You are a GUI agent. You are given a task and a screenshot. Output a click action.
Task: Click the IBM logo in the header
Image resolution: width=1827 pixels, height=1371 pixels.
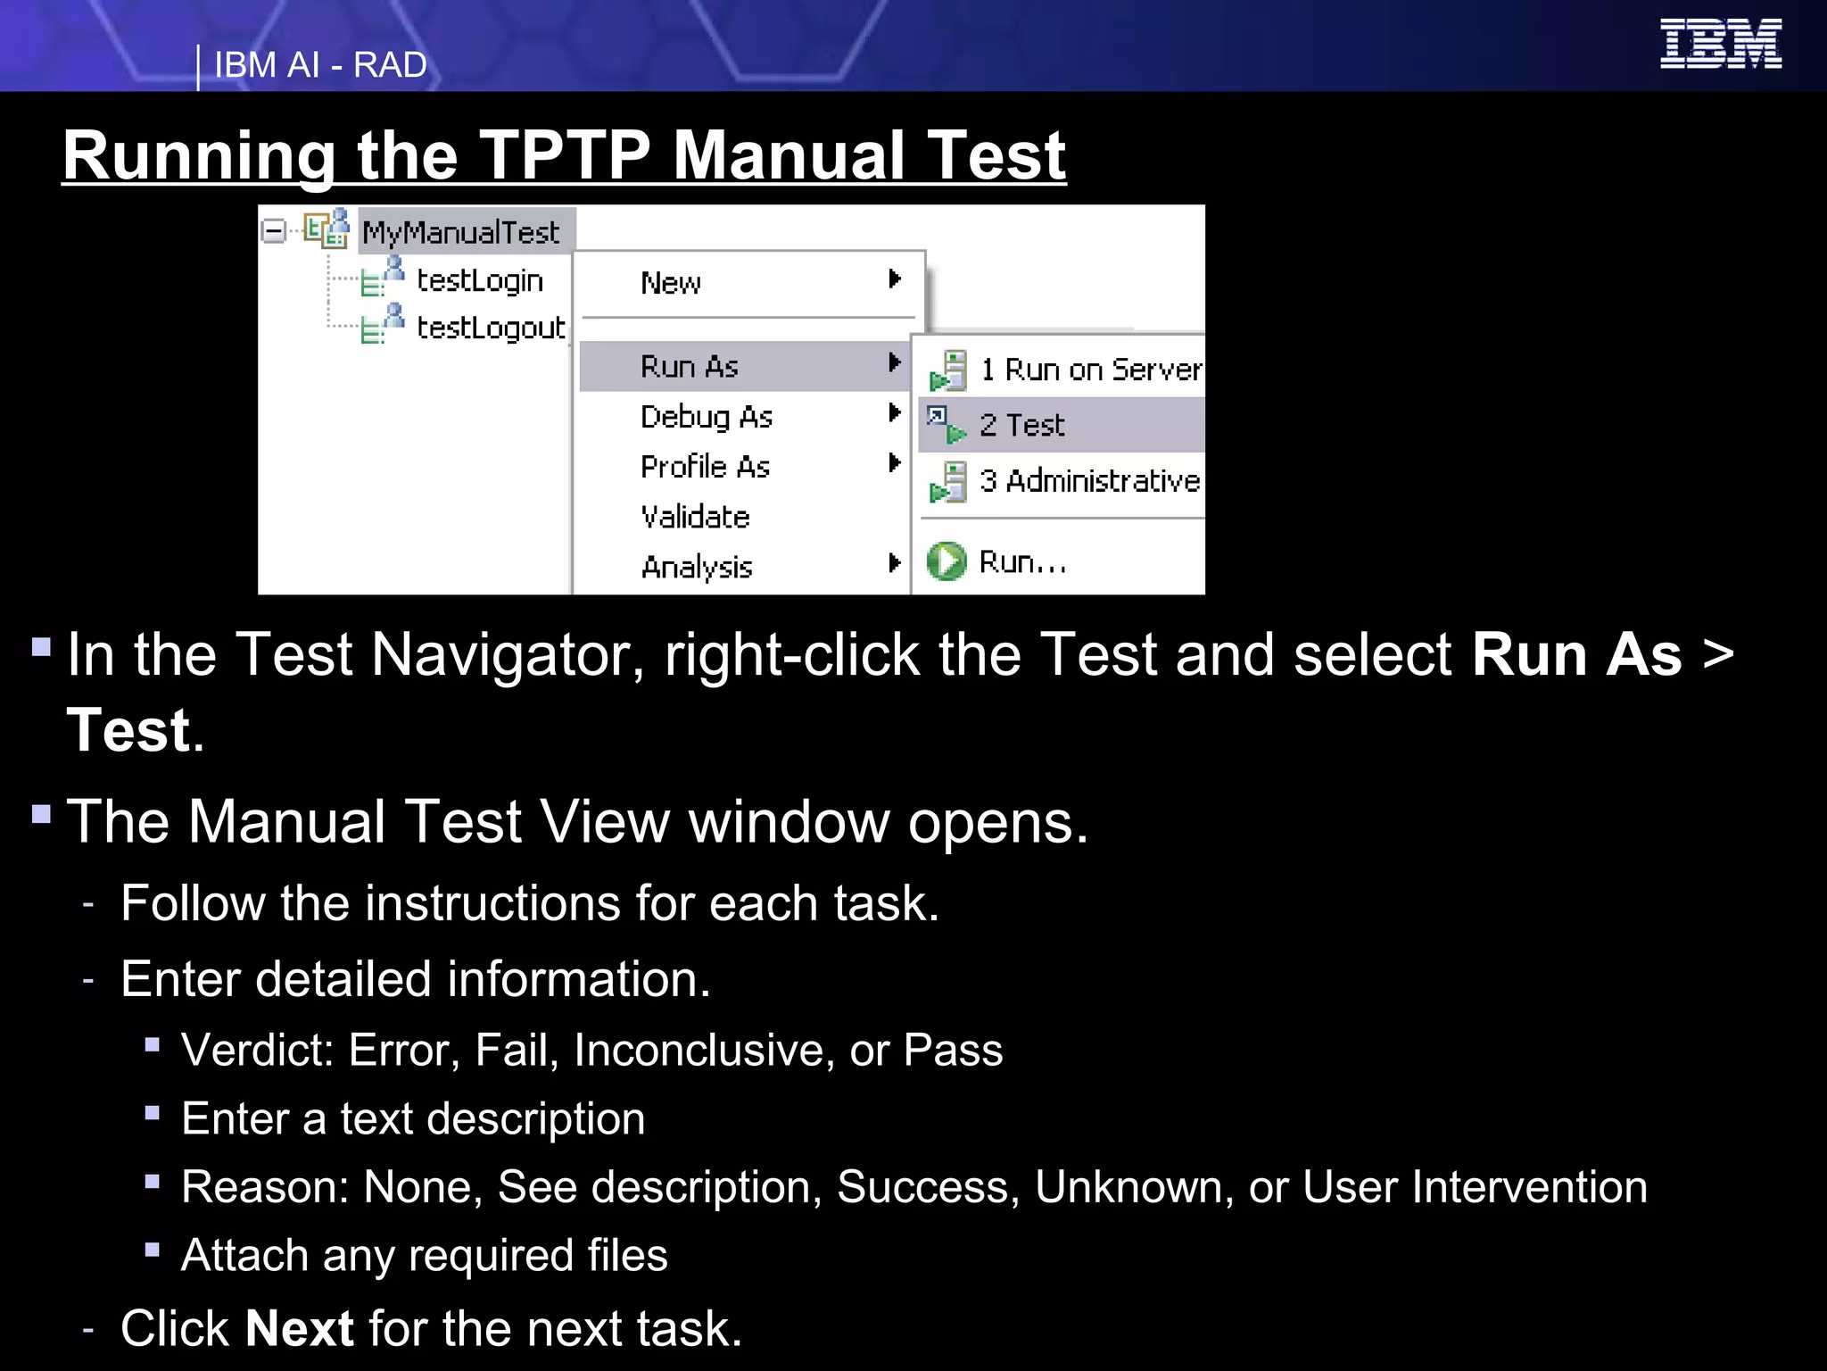1720,44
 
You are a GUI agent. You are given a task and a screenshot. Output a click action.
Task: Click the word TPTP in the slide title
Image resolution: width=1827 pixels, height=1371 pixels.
564,155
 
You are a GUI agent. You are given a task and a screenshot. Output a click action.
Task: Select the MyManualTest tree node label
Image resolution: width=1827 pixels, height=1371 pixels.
461,232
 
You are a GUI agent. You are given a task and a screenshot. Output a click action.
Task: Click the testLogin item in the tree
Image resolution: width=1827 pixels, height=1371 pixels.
479,280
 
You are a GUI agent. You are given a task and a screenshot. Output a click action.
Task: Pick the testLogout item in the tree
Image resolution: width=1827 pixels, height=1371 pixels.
490,328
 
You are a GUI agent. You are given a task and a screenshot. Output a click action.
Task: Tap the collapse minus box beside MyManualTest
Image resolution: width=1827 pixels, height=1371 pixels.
274,232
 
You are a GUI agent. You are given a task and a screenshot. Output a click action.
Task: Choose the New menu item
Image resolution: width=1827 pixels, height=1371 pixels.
671,283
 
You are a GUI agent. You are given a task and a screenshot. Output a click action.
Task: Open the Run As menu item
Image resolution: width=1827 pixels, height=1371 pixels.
690,366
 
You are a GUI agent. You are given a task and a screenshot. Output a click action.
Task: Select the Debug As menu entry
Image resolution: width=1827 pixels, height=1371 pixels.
706,416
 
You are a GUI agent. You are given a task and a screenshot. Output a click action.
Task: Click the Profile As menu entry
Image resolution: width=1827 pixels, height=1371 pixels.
705,466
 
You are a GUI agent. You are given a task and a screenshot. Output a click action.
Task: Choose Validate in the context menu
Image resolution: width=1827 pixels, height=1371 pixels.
695,517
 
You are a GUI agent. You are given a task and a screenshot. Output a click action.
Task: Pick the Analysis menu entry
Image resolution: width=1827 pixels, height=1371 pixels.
697,567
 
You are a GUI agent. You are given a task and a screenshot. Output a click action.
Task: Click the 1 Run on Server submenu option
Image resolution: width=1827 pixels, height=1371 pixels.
1090,370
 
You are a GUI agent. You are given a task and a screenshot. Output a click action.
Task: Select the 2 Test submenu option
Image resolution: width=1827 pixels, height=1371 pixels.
1022,425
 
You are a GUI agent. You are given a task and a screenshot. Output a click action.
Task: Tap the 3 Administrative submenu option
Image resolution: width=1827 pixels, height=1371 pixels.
1089,481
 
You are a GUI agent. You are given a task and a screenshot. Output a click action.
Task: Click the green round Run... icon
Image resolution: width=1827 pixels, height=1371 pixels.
946,561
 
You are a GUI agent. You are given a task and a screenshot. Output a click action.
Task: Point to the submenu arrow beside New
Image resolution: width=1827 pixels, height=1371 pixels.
894,279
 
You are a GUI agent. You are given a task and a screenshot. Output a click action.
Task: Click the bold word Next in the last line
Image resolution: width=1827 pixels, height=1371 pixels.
300,1328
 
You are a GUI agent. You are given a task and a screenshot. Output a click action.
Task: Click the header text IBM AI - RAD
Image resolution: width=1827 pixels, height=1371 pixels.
320,65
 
